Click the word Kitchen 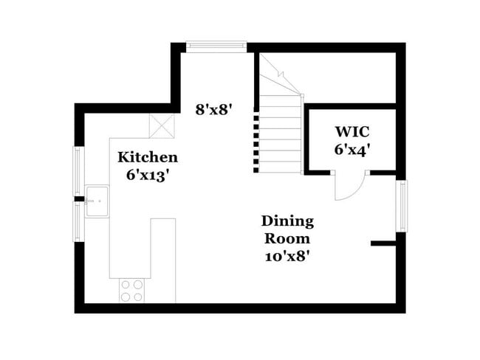tap(148, 157)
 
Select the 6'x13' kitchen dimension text tap(148, 176)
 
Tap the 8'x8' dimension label tap(214, 109)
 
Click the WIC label tap(352, 132)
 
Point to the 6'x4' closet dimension tap(352, 150)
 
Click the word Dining tap(287, 221)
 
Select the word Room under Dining tap(287, 239)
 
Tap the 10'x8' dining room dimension tap(287, 257)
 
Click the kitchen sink tap(97, 201)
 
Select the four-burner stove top tap(132, 291)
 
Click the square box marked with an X tap(161, 125)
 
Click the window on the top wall tap(216, 46)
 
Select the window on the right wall tap(402, 206)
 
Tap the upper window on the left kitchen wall tap(78, 171)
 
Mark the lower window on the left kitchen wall tap(78, 221)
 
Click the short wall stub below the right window tap(384, 243)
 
